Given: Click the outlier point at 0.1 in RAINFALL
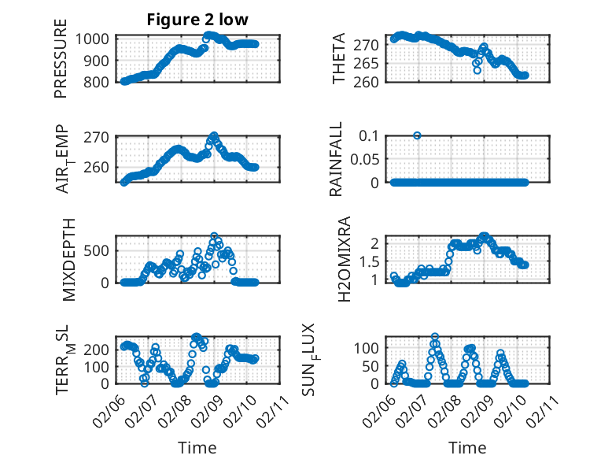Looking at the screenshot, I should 417,135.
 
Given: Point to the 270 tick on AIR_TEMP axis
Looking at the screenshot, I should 102,137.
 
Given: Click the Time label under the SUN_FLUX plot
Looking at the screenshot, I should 467,448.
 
